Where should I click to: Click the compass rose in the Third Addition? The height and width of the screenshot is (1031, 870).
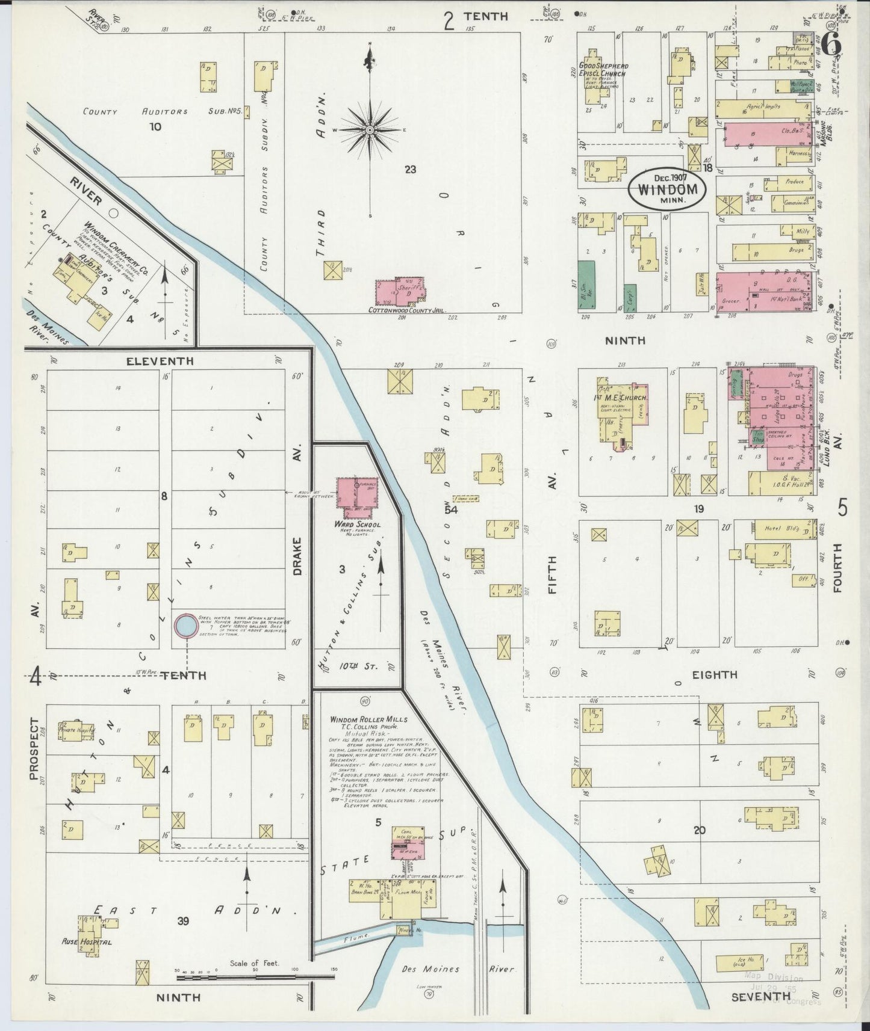click(x=370, y=129)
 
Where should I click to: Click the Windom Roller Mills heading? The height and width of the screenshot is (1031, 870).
click(x=368, y=719)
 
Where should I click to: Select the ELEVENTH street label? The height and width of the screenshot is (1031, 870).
click(x=160, y=362)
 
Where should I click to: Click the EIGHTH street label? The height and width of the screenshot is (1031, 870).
click(x=715, y=675)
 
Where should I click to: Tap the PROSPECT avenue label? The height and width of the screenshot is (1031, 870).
click(x=34, y=749)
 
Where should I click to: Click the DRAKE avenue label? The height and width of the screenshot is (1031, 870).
click(x=297, y=556)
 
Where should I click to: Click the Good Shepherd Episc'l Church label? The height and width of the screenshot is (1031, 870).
click(x=603, y=70)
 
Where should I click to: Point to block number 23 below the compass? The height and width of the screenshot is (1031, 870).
click(x=410, y=170)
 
